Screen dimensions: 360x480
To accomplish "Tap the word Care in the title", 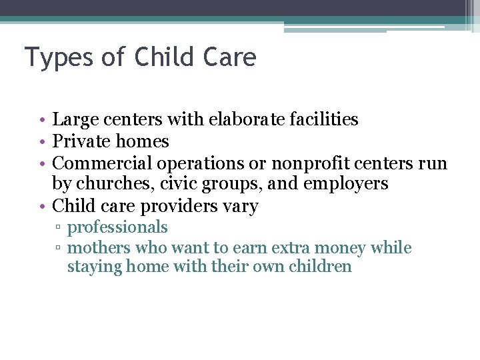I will coord(231,57).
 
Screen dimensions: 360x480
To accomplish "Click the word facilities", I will coord(325,119).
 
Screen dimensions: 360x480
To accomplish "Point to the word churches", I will coord(113,184).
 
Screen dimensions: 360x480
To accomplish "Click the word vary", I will coord(239,206).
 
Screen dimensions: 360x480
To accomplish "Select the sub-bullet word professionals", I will coord(117,227).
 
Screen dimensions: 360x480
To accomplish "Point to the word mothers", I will coord(99,248).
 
